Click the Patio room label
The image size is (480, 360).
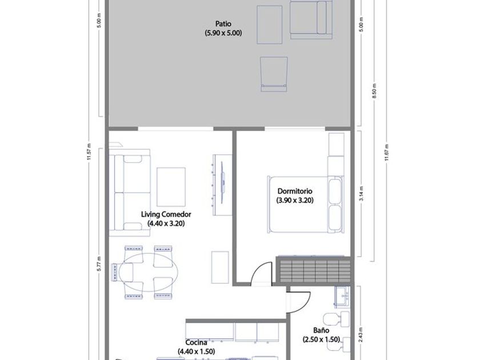pos(223,23)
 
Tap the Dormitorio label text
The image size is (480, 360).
pos(295,191)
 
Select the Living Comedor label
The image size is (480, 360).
pos(166,214)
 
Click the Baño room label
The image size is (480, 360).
pos(321,330)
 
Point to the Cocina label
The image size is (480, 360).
pos(196,342)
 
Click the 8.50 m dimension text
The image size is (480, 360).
pos(374,91)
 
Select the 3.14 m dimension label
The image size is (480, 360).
pos(362,194)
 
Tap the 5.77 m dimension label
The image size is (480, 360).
pos(98,263)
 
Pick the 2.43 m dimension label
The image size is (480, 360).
pos(361,335)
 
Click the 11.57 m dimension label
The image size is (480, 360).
pos(89,152)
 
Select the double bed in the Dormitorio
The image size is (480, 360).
pos(305,204)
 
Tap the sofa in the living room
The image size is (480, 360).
pos(130,193)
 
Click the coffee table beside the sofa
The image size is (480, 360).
pos(171,187)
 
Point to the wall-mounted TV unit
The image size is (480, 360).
pos(222,185)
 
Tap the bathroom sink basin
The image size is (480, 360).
pos(342,297)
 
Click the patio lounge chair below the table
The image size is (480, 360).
pos(274,74)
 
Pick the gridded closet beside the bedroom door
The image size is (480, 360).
pos(314,271)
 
